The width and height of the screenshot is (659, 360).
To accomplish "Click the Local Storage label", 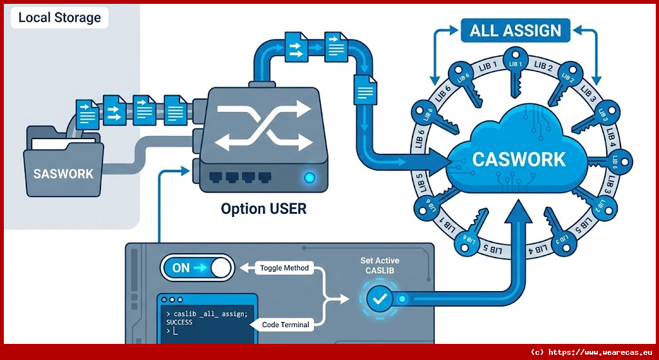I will pyautogui.click(x=59, y=17).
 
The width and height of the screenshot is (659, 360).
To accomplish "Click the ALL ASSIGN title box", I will pyautogui.click(x=515, y=30).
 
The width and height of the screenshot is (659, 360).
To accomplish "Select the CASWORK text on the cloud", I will pyautogui.click(x=519, y=159).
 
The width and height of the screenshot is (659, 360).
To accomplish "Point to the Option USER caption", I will pyautogui.click(x=264, y=209).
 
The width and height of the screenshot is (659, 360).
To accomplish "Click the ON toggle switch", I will pyautogui.click(x=196, y=268).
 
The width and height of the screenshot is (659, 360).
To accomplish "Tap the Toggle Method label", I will pyautogui.click(x=284, y=268).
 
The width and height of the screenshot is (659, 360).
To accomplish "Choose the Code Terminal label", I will pyautogui.click(x=286, y=325).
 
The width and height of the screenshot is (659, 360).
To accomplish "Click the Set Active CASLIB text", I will pyautogui.click(x=380, y=265).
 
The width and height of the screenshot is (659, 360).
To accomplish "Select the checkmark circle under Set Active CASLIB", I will pyautogui.click(x=379, y=299).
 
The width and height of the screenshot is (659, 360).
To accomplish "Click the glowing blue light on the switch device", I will pyautogui.click(x=310, y=178).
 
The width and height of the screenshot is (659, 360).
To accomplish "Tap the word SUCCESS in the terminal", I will pyautogui.click(x=180, y=321).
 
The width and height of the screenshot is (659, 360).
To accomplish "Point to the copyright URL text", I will pyautogui.click(x=591, y=352).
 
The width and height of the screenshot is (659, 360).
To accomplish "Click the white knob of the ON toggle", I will pyautogui.click(x=221, y=268).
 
